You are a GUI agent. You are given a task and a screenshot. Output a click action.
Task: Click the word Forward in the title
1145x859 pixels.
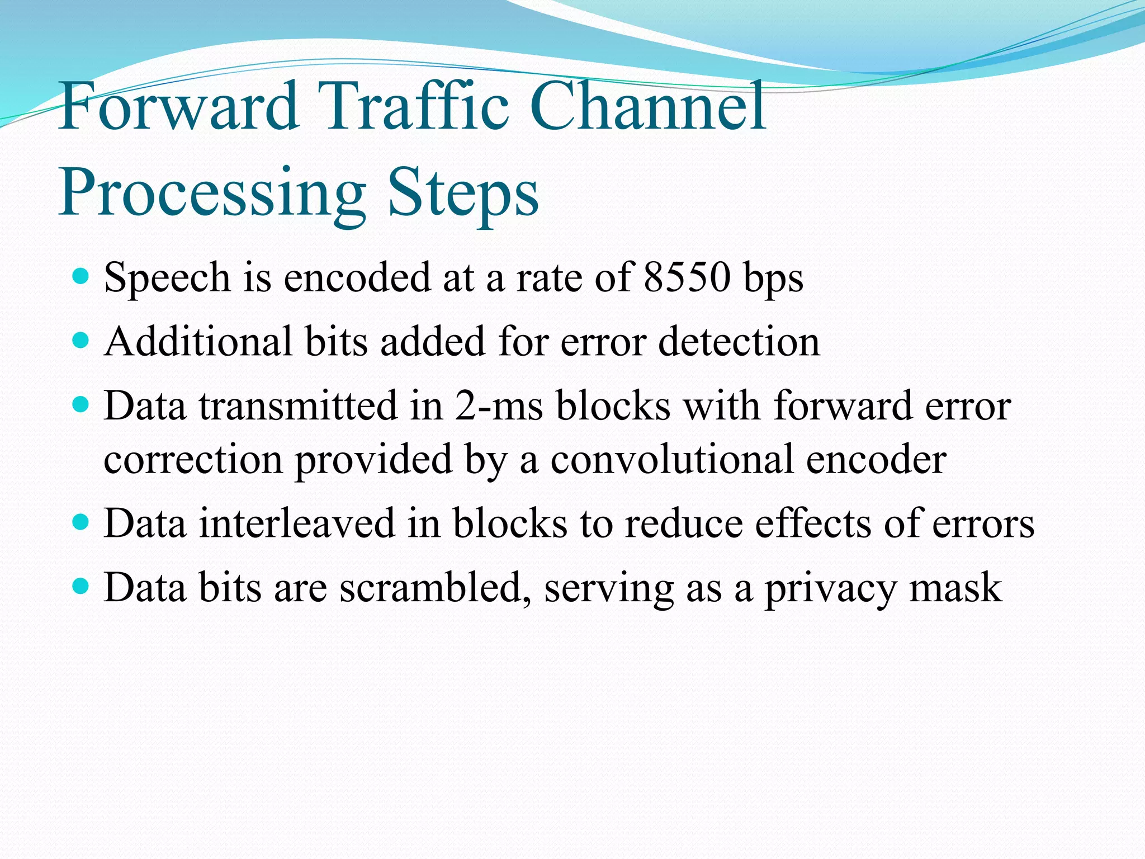click(x=178, y=106)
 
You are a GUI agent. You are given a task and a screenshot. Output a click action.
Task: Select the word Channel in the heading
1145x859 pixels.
click(x=647, y=106)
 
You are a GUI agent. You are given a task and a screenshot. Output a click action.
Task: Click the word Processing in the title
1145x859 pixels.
click(x=212, y=193)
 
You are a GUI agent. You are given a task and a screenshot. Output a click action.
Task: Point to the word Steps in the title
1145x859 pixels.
click(x=463, y=193)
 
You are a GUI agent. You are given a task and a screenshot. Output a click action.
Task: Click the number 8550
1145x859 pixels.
click(x=687, y=277)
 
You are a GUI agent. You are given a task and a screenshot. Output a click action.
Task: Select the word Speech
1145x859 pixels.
click(x=167, y=279)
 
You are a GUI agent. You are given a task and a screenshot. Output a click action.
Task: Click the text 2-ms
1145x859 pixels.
click(x=498, y=406)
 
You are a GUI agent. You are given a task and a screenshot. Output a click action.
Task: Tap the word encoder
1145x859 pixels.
click(x=876, y=460)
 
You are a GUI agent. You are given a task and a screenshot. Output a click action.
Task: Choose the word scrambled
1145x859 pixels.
click(x=435, y=588)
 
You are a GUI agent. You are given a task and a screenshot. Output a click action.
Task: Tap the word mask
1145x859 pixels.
click(x=955, y=588)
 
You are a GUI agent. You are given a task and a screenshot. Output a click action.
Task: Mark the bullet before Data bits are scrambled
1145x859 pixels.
click(x=81, y=586)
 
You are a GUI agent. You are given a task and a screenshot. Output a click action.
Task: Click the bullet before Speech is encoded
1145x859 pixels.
click(x=81, y=276)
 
